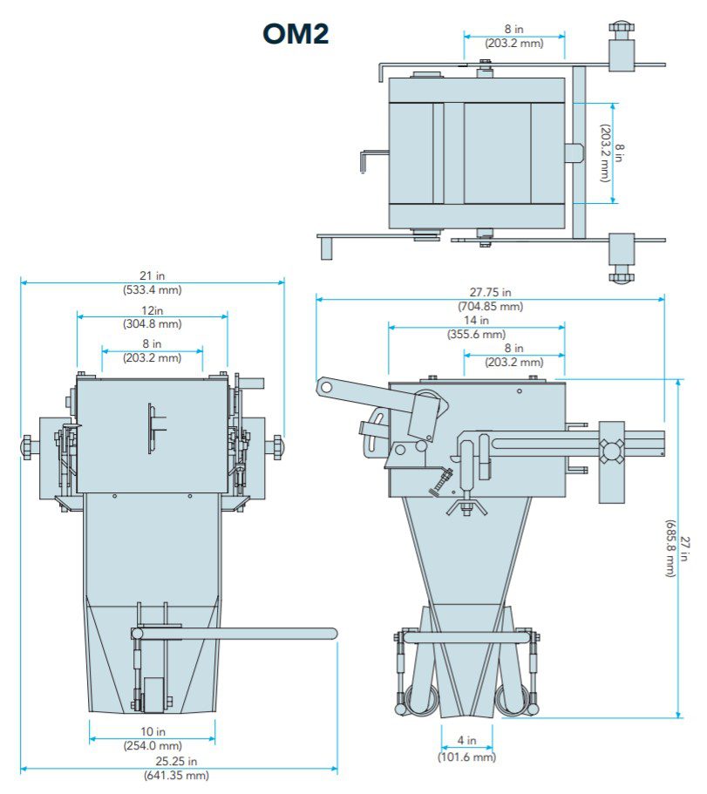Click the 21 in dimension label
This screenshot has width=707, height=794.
point(153,282)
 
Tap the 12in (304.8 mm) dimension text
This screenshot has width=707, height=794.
point(152,317)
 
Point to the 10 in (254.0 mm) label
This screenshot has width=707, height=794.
point(153,738)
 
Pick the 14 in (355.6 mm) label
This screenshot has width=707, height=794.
point(476,328)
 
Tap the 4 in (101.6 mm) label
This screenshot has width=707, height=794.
point(466,750)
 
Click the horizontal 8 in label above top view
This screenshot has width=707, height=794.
point(513,37)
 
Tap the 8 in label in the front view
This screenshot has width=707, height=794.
point(153,351)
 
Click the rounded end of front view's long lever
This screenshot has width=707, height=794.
point(330,634)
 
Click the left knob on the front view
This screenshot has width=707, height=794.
point(28,447)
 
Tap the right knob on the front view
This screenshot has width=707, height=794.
point(276,447)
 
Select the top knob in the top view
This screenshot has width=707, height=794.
point(622,31)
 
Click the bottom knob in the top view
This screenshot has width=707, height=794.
point(622,277)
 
